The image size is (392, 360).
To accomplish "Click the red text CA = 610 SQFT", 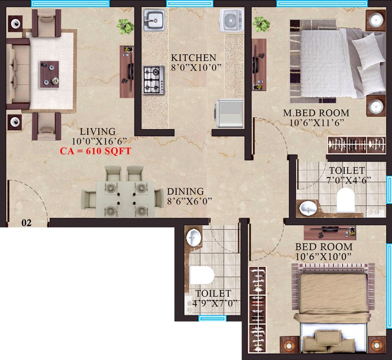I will tap(96, 151).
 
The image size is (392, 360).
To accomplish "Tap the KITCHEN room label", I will tap(194, 57).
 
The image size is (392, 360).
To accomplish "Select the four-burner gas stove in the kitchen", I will tap(153, 80).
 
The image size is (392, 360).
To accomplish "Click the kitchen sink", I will tap(153, 20).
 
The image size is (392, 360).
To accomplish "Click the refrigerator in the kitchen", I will tap(229, 113).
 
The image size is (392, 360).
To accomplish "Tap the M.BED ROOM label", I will tap(316, 113).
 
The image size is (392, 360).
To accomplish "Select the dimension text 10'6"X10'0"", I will tap(323, 256).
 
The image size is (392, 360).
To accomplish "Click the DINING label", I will tap(185, 191).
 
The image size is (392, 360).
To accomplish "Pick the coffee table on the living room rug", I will tap(49, 74).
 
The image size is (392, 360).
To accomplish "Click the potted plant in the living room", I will tap(125, 26).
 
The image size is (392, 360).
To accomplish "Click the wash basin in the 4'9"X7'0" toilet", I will tap(193, 238).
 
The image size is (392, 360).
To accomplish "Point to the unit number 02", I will tap(27, 223).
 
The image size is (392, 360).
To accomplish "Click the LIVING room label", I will tap(97, 131).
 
